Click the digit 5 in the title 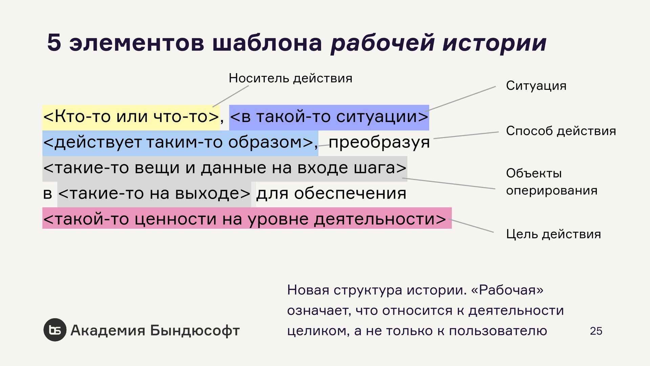(x=54, y=43)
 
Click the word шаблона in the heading (x=267, y=43)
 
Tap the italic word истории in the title (x=495, y=43)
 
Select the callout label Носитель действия (x=290, y=78)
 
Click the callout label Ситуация (x=536, y=86)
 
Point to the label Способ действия (x=561, y=131)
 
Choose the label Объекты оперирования (x=551, y=182)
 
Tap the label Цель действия (x=554, y=234)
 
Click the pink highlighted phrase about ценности (x=246, y=219)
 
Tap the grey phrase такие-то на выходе (x=154, y=194)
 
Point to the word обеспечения (x=350, y=194)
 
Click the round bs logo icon (x=55, y=330)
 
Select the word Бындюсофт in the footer (x=195, y=330)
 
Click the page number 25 (x=596, y=331)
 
